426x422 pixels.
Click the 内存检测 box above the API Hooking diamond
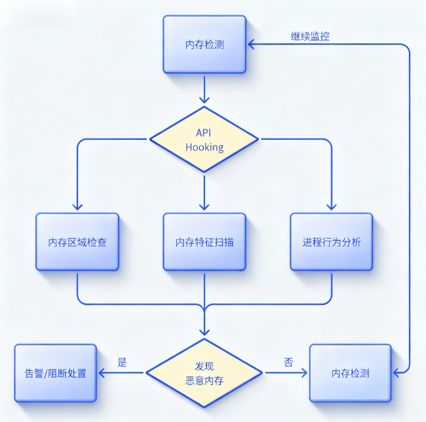205,44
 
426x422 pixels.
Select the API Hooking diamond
204,139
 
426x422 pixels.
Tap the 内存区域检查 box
78,242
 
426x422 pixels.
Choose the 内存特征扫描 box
205,242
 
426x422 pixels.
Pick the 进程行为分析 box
332,242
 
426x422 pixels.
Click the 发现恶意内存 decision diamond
204,373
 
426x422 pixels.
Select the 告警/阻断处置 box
56,373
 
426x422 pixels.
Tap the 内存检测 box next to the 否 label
350,373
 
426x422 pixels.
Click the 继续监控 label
310,37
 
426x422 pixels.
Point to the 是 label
122,362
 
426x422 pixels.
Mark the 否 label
288,362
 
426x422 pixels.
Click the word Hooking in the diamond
204,147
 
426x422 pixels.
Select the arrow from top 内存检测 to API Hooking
205,89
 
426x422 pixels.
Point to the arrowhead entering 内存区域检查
78,208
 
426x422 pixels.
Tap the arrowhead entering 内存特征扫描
205,208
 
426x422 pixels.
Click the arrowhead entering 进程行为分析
332,208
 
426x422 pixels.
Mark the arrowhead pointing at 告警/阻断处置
102,373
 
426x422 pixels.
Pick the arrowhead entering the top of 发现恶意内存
205,333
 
